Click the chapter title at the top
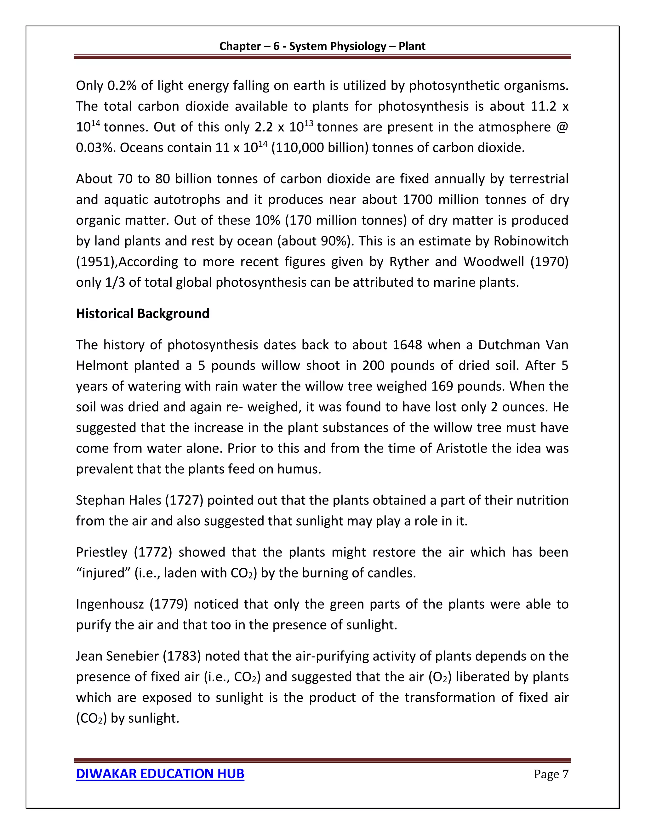pos(322,46)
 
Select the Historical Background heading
pos(143,313)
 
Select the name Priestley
pos(101,552)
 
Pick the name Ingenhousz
pos(110,604)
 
